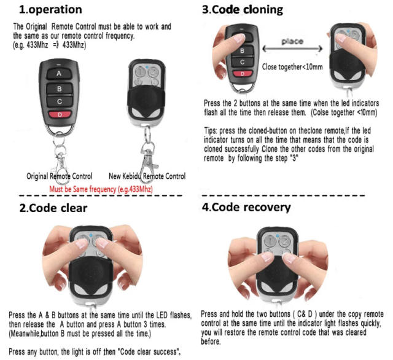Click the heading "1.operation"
50,10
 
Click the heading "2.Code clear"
53,208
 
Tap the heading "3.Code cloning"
243,10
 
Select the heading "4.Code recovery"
247,207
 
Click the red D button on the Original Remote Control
60,114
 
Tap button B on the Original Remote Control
59,88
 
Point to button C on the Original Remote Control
60,101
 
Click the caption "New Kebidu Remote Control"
151,176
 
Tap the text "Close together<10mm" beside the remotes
291,66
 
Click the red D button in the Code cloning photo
243,74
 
